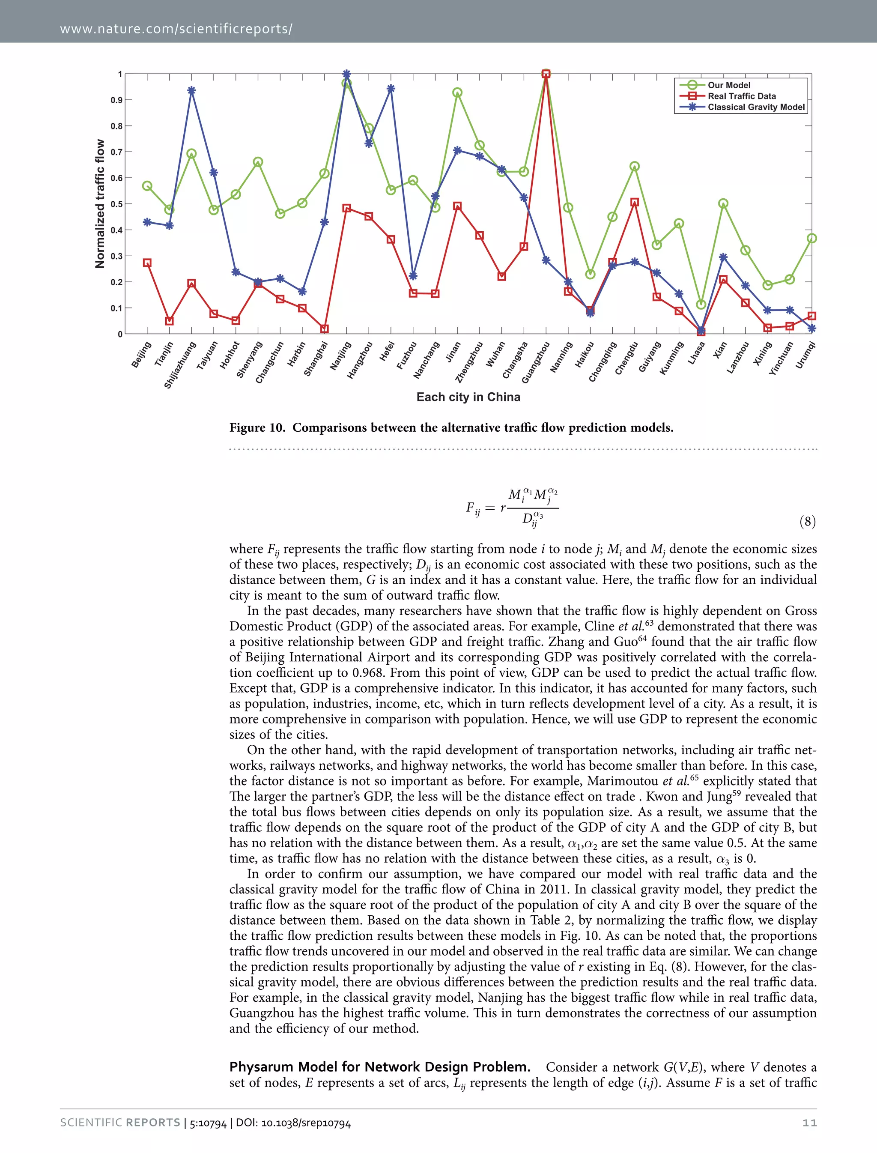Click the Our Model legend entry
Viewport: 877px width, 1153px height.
[x=729, y=85]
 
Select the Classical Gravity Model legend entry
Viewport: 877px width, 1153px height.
[x=756, y=107]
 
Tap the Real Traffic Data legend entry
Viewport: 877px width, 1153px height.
[x=741, y=96]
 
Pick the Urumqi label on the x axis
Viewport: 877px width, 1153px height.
[x=805, y=355]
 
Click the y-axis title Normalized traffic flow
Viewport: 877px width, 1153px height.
[x=100, y=203]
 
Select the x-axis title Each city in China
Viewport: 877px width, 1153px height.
[x=468, y=397]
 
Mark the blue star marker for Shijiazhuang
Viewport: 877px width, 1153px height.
[x=191, y=91]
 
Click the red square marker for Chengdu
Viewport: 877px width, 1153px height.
[x=634, y=202]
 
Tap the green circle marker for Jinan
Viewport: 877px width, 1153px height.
[x=457, y=93]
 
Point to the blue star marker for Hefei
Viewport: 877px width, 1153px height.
[x=391, y=89]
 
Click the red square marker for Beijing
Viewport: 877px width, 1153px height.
[x=147, y=263]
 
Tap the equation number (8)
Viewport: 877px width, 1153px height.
[x=807, y=521]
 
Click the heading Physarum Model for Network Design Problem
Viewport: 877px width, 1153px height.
[x=379, y=1066]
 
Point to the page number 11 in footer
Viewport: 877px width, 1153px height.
[x=809, y=1123]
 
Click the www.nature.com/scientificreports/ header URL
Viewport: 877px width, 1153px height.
[x=176, y=29]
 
